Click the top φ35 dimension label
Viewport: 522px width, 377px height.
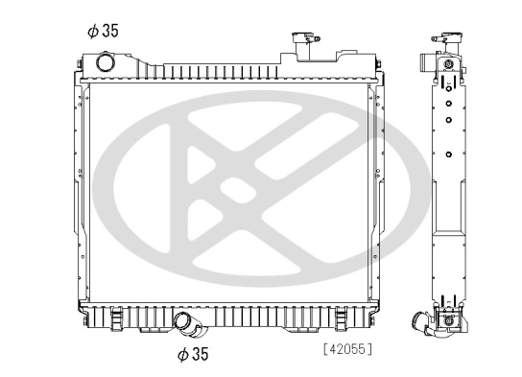click(102, 30)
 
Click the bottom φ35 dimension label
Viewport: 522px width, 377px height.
click(193, 354)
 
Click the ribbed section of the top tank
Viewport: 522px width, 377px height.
click(221, 71)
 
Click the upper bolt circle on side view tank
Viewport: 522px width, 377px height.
click(448, 65)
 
